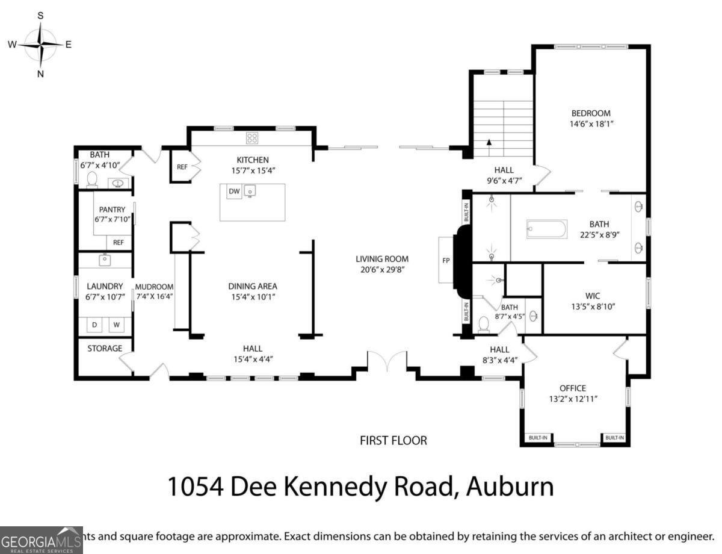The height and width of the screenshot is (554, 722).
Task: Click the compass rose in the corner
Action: [x=40, y=45]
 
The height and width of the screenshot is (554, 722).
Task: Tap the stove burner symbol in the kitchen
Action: [x=252, y=138]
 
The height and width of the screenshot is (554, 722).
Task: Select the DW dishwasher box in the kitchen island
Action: [x=234, y=191]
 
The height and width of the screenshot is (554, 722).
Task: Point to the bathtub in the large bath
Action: [x=546, y=229]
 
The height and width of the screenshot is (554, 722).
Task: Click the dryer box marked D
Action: [x=94, y=325]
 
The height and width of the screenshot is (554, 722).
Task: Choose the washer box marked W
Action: [x=117, y=325]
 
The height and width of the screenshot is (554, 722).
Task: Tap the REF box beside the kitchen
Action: [x=182, y=168]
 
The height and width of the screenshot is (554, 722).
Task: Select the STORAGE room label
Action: [x=105, y=348]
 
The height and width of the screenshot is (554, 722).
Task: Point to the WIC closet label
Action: [x=593, y=296]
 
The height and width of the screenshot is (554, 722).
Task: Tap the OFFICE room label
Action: [x=572, y=388]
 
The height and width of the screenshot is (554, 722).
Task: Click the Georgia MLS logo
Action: [x=41, y=540]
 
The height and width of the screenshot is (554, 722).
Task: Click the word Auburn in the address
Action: [x=511, y=486]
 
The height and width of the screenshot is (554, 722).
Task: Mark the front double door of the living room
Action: [x=387, y=364]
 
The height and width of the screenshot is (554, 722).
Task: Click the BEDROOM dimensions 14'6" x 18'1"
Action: [x=590, y=123]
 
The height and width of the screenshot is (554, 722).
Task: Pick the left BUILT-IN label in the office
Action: [x=537, y=438]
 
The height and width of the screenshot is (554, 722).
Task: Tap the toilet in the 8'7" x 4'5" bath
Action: [x=484, y=324]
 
